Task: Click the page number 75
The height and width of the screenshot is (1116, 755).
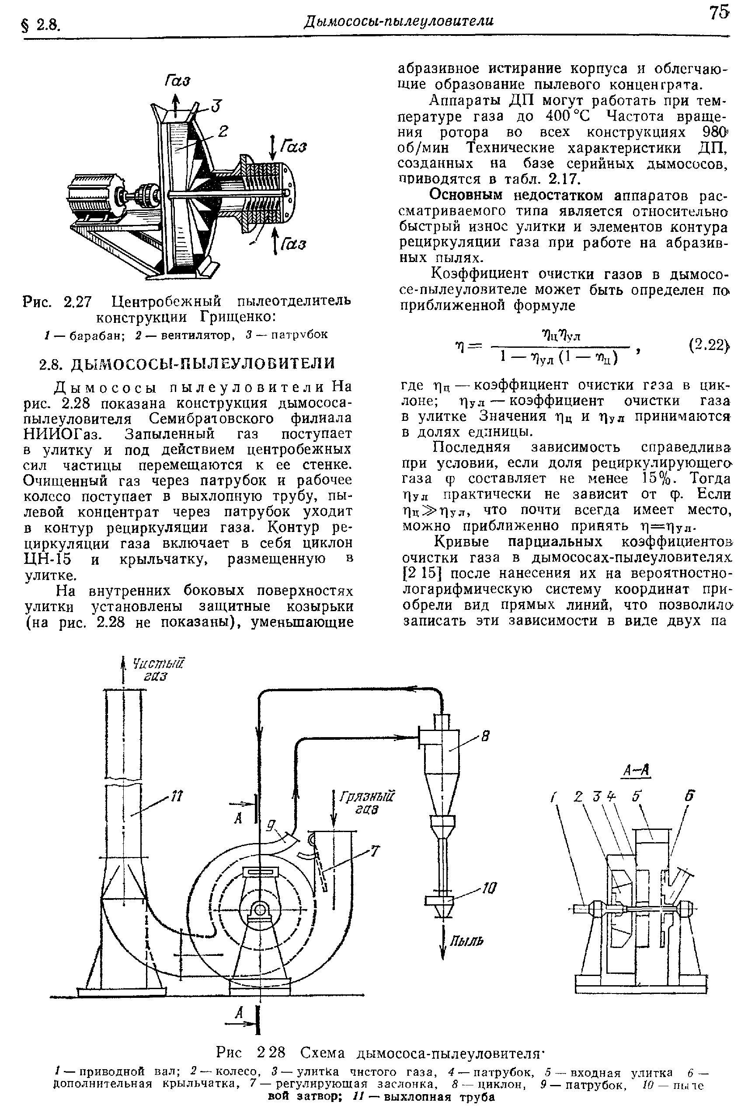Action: (719, 14)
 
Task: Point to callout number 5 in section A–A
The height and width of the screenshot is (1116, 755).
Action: (637, 797)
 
